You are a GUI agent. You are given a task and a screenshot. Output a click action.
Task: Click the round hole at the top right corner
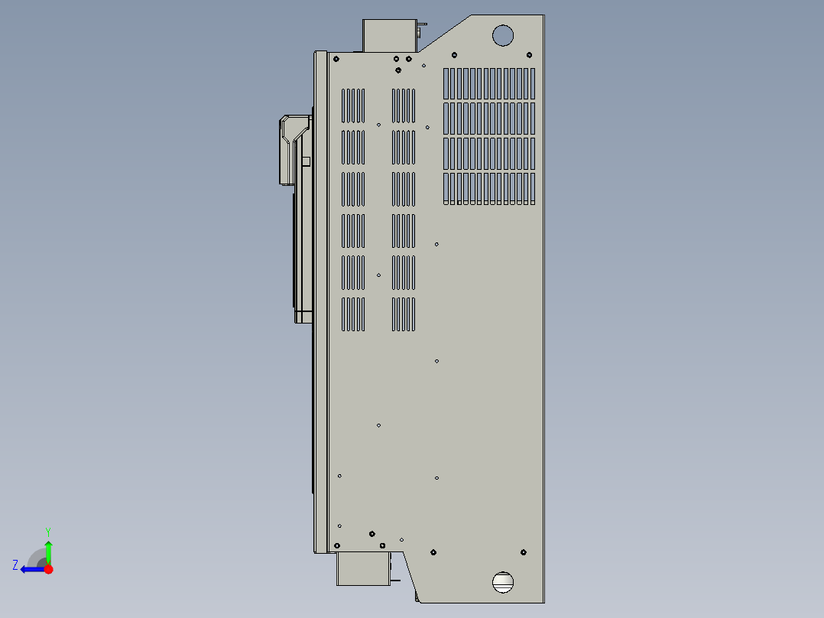(502, 34)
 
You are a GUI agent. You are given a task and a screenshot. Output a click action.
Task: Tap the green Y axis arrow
(48, 549)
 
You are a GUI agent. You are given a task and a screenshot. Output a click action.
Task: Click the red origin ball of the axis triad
(48, 569)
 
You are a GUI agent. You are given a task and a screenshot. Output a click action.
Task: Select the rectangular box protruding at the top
(388, 36)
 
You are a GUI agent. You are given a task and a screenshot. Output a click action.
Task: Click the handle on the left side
(289, 150)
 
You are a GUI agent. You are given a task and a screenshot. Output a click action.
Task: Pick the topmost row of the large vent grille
(489, 83)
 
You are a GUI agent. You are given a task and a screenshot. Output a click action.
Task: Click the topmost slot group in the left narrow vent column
(352, 106)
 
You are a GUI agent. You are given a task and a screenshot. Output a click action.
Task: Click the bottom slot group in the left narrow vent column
(352, 314)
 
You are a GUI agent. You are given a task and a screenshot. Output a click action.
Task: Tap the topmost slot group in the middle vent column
(404, 106)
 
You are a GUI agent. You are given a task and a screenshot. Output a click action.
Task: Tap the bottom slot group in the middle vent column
(404, 314)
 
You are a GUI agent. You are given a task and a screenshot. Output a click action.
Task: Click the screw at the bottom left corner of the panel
(336, 545)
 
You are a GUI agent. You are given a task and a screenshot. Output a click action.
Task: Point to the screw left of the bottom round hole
(433, 551)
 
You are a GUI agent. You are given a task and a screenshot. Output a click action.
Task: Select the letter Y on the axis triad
(47, 531)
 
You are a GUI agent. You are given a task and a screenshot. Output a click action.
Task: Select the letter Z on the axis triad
(15, 565)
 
